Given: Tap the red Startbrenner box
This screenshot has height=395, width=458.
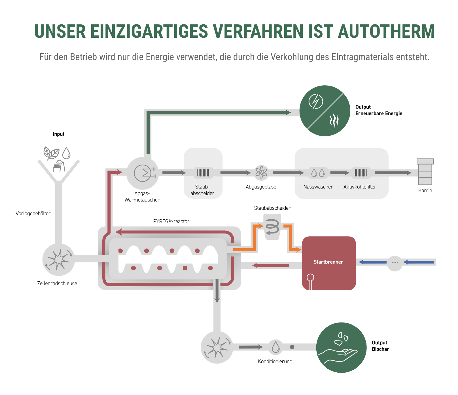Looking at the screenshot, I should pos(329,263).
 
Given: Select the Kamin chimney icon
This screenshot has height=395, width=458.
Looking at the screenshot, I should pos(425,172).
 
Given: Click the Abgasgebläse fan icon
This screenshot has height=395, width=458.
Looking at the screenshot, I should pos(261,173).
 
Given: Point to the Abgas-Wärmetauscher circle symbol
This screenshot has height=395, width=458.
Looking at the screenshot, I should pos(143,173).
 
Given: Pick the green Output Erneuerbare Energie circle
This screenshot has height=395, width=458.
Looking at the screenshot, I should pos(325,111).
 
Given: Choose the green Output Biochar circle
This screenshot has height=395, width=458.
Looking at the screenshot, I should pos(341,347).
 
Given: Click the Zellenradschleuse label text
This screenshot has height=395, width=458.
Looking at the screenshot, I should pos(57,283).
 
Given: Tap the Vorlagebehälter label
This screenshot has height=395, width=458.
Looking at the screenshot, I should pos(33,213).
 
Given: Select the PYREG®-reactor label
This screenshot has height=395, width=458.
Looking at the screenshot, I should pos(171,221).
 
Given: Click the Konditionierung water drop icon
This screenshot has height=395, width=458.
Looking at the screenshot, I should pos(275,347).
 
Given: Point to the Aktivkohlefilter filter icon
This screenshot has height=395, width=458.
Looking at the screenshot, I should pos(361,173).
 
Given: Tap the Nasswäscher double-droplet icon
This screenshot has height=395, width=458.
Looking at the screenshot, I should pos(318,173).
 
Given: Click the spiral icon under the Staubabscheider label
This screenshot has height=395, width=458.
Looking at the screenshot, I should pos(272,227).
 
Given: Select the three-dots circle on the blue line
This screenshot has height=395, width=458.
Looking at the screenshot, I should pos(395,262).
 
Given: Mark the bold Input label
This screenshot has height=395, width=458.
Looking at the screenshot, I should pos(58,134).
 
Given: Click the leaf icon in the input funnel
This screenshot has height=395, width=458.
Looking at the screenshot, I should pos(51,153).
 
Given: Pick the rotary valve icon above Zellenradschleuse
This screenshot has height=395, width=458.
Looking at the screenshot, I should pos(58,260).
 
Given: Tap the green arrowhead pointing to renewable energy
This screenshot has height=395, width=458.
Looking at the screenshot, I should pos(288,112).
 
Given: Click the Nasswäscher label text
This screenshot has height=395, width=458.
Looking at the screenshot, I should pos(318,187).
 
